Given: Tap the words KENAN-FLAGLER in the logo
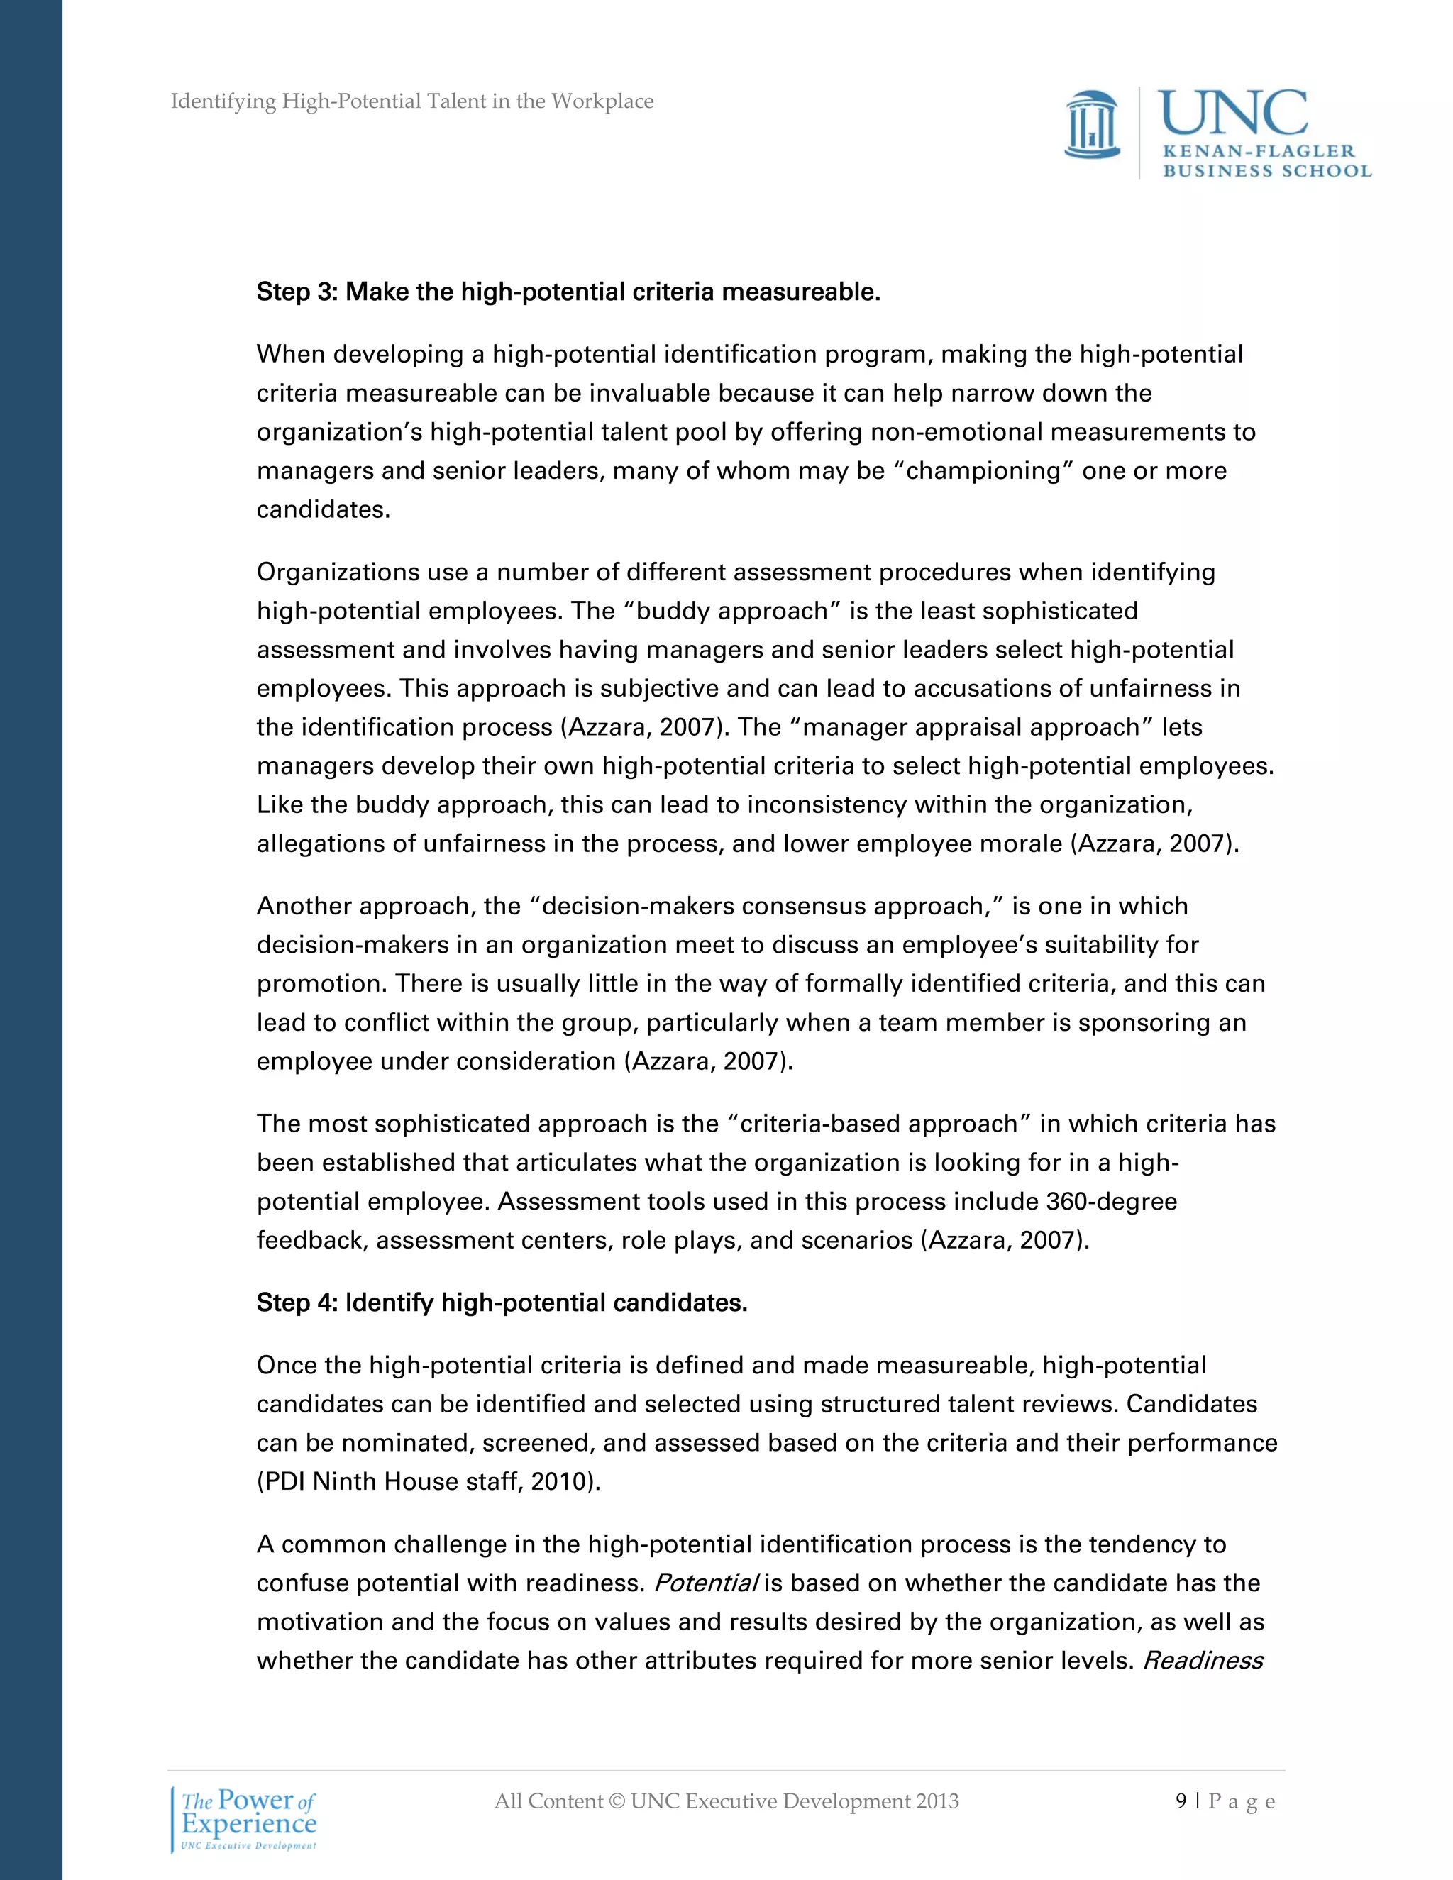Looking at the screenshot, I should coord(1258,152).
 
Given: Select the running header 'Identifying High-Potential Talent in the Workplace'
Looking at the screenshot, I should coord(411,101).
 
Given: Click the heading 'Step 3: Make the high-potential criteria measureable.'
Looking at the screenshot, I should coord(568,293).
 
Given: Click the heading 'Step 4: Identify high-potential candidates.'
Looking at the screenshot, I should coord(502,1303).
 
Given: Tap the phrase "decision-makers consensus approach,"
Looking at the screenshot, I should coord(763,907).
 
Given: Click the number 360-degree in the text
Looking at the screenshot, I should coord(1111,1202).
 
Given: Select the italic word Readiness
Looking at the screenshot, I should coord(1203,1661).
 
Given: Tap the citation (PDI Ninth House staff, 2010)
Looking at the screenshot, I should coord(429,1481).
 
